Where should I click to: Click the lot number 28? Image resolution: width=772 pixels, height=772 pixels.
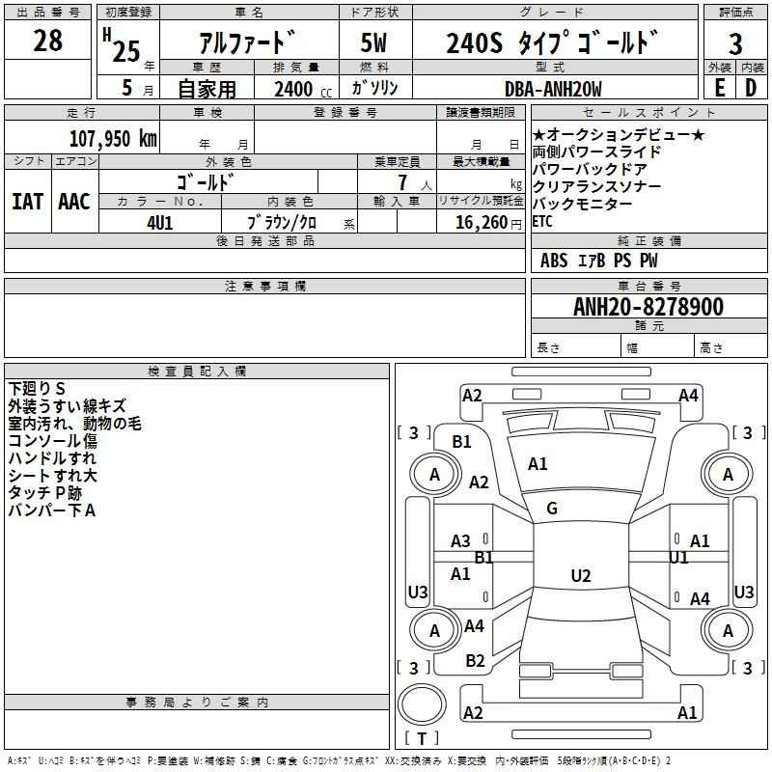(x=47, y=41)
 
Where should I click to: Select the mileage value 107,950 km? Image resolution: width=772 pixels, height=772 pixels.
(x=113, y=138)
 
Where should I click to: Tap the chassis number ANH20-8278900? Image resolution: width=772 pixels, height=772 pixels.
(x=648, y=306)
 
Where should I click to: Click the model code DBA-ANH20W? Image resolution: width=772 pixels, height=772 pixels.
(x=553, y=89)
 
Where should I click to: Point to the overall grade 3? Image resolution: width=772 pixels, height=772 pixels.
(x=735, y=43)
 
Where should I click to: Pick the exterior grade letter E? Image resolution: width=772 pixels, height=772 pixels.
(x=720, y=88)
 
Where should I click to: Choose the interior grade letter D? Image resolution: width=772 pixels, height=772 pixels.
(x=751, y=88)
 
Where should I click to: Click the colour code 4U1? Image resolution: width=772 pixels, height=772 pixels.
(x=160, y=223)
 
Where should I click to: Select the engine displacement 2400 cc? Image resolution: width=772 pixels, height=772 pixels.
(x=303, y=89)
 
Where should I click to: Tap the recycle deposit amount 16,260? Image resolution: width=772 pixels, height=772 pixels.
(x=482, y=222)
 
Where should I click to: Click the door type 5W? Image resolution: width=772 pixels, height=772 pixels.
(x=373, y=42)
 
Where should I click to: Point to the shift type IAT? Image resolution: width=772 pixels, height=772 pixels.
(x=28, y=202)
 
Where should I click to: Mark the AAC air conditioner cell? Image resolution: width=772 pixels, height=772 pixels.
(x=74, y=202)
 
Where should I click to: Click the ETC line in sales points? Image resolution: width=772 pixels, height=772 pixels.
(x=542, y=221)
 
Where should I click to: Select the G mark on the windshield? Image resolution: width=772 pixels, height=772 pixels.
(x=552, y=509)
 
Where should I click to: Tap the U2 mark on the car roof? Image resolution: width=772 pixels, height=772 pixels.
(x=581, y=575)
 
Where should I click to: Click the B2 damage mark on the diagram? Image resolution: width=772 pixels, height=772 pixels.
(x=475, y=660)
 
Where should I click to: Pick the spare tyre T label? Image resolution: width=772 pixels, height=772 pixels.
(x=422, y=738)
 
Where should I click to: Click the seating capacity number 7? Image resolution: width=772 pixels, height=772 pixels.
(x=402, y=182)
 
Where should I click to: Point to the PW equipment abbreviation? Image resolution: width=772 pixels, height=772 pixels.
(x=648, y=260)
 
